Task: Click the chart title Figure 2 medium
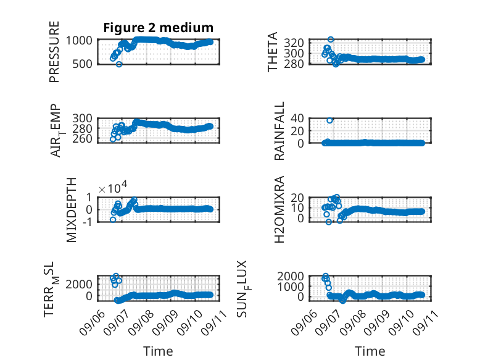(159, 28)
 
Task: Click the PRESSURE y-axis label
(54, 52)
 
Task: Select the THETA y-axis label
(272, 52)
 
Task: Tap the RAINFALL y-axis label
(279, 131)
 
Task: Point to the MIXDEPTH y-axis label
(71, 210)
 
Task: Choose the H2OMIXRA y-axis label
(279, 209)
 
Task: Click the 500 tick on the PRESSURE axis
(81, 64)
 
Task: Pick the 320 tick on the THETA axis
(294, 43)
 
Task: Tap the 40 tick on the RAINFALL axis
(297, 119)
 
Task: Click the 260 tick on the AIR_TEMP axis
(82, 139)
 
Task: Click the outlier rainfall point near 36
(329, 120)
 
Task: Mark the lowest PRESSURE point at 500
(119, 64)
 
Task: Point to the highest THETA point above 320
(331, 40)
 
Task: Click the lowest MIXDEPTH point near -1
(113, 220)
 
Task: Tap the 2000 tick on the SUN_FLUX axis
(291, 277)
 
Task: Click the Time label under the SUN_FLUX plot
(370, 351)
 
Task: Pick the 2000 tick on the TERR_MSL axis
(79, 284)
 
